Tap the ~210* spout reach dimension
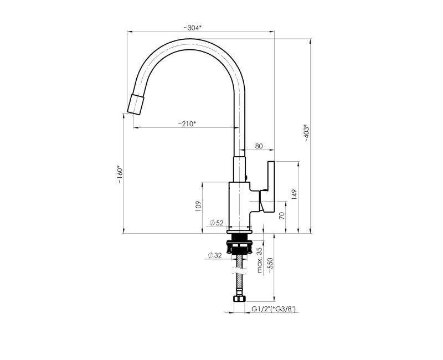click(187, 124)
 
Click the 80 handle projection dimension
click(259, 146)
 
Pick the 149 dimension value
click(295, 195)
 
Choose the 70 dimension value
click(281, 215)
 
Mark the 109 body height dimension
click(198, 207)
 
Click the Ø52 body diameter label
click(217, 223)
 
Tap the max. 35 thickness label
click(259, 260)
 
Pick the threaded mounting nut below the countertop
click(239, 243)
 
